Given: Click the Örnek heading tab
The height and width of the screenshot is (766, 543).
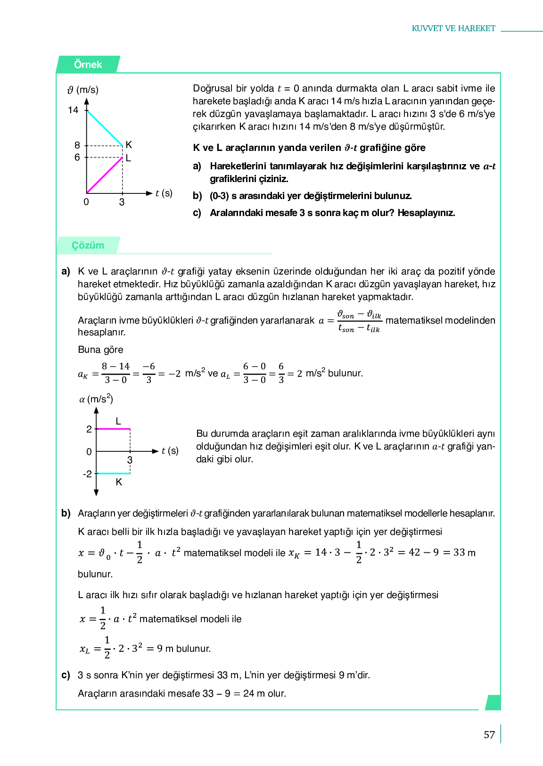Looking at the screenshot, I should [x=88, y=65].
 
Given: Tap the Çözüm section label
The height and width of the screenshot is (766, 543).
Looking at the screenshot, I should [x=88, y=245].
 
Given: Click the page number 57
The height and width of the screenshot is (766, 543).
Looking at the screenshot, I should [x=489, y=735].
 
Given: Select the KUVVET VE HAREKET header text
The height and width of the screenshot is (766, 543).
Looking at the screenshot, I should [x=453, y=28].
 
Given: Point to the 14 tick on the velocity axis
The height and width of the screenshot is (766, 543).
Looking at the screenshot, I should [x=73, y=110].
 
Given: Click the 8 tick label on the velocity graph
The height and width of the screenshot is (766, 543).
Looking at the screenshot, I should [x=77, y=145].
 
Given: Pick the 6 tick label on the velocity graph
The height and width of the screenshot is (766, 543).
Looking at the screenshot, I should [x=77, y=157].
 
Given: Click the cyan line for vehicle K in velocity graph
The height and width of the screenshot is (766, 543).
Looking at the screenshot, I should [x=105, y=128].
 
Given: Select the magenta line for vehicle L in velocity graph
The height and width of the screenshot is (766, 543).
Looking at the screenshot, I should [x=105, y=175].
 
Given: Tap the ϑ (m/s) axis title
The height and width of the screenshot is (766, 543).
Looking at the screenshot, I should [x=83, y=90].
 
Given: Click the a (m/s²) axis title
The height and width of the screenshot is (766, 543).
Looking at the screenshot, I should [x=96, y=399].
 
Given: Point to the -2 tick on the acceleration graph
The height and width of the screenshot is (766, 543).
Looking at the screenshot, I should [x=87, y=474].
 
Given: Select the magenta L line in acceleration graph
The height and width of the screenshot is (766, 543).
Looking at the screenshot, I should [x=113, y=429].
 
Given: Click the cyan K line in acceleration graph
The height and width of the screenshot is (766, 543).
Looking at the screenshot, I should [x=113, y=473].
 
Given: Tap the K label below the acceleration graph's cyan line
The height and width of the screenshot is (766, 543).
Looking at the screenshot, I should [x=119, y=482].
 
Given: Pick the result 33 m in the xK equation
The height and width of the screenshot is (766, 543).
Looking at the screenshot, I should [x=464, y=552].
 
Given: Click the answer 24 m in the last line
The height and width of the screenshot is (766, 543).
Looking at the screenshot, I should [x=254, y=693].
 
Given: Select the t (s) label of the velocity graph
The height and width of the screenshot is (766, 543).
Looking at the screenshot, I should [x=164, y=193].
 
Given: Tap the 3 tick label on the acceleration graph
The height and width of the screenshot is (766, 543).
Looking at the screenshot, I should [x=130, y=460].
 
